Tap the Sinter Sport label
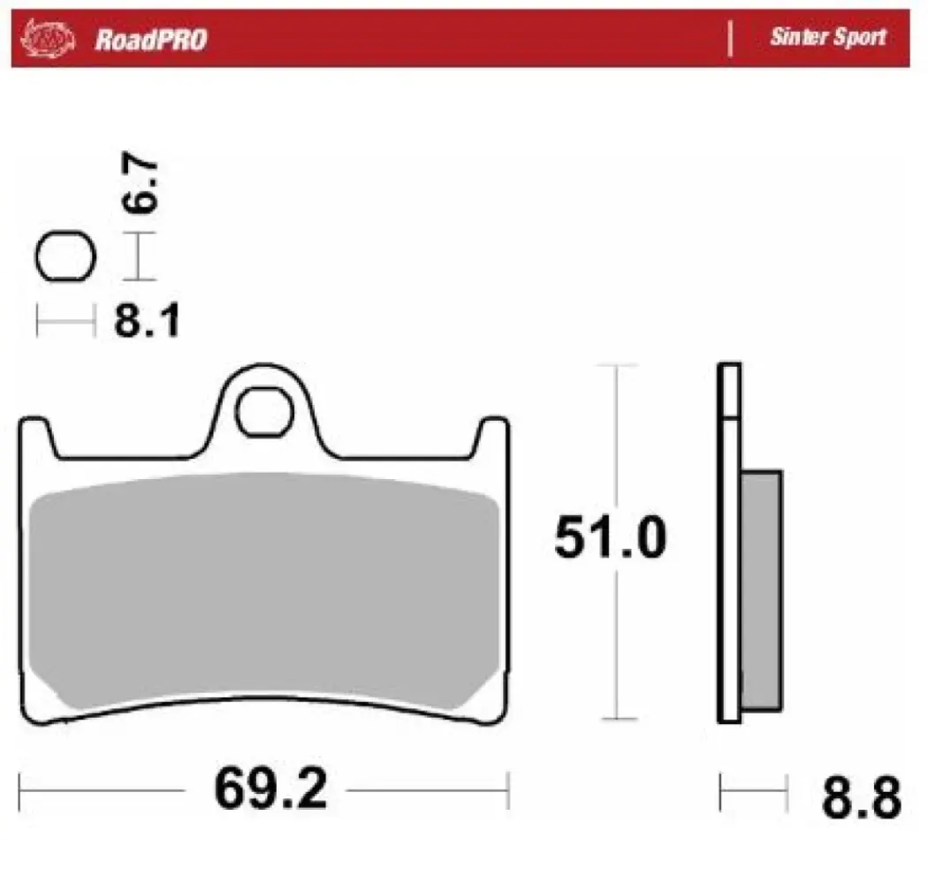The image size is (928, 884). tap(827, 38)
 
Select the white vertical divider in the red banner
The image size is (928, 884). tap(730, 39)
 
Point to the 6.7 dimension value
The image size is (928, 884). tap(140, 185)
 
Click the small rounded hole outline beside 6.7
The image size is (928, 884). tap(65, 257)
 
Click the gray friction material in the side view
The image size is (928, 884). tap(761, 588)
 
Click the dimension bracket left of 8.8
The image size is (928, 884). tap(753, 783)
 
